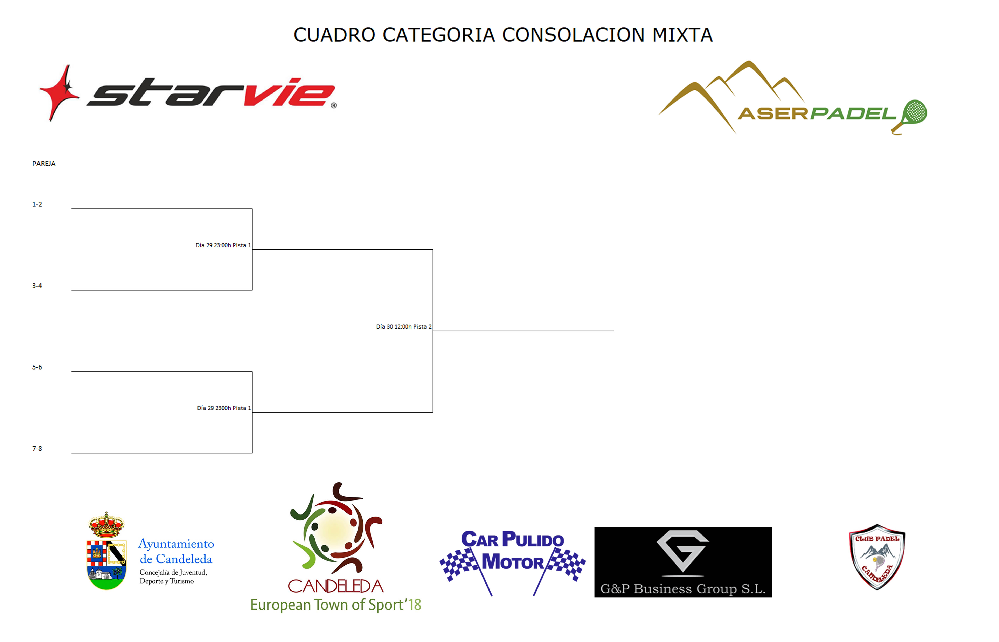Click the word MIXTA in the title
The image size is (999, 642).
pyautogui.click(x=682, y=35)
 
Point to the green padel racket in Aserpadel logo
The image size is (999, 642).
pyautogui.click(x=913, y=115)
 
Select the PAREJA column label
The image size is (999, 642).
pyautogui.click(x=44, y=163)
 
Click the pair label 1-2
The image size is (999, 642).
pyautogui.click(x=37, y=204)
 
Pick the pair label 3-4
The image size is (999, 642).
pyautogui.click(x=37, y=285)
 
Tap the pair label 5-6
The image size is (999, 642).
pyautogui.click(x=37, y=367)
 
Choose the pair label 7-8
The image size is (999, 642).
pyautogui.click(x=37, y=449)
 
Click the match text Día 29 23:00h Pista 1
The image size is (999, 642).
pyautogui.click(x=223, y=245)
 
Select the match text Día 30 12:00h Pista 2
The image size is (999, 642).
pyautogui.click(x=403, y=326)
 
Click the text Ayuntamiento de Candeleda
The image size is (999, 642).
pyautogui.click(x=176, y=551)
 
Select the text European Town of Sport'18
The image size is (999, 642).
pyautogui.click(x=335, y=605)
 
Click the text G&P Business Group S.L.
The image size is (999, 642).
pyautogui.click(x=683, y=589)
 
